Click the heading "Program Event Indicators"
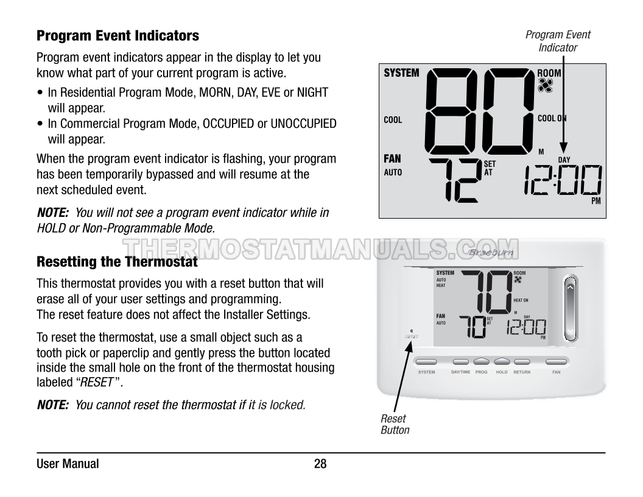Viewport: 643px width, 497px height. [118, 36]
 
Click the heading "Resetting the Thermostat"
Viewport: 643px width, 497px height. [118, 263]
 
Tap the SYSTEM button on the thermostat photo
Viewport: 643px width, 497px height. [426, 361]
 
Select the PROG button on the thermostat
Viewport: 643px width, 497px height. [481, 361]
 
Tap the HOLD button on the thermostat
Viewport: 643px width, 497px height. [502, 361]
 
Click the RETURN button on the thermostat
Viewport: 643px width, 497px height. [522, 361]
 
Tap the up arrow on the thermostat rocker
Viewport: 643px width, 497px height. [570, 286]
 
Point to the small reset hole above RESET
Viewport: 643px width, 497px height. [411, 330]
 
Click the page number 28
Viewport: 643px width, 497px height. [320, 464]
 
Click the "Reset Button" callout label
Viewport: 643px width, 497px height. [395, 424]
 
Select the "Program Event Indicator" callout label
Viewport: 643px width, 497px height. [558, 41]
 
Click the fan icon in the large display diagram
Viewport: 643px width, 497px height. [545, 85]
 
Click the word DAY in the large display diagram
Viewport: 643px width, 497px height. [564, 160]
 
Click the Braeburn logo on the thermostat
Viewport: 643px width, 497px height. [491, 252]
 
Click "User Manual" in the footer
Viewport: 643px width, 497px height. [68, 464]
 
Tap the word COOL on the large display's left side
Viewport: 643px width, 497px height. [393, 120]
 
